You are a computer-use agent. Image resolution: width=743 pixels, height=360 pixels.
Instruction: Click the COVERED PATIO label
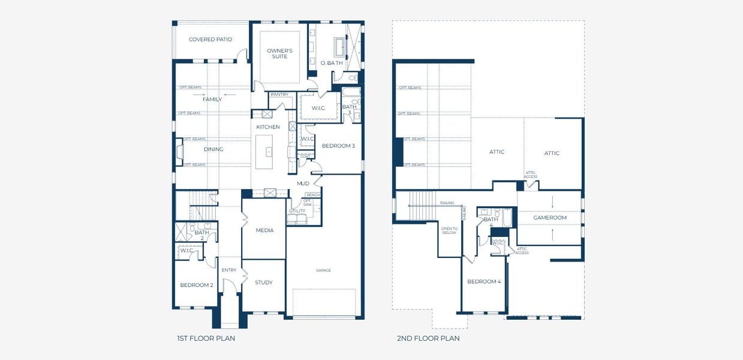click(210, 40)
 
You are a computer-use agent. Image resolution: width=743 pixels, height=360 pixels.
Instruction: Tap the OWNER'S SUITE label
click(279, 53)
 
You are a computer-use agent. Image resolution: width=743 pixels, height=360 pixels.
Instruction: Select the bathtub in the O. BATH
click(339, 47)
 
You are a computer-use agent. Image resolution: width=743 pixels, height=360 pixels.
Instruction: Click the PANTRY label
click(279, 94)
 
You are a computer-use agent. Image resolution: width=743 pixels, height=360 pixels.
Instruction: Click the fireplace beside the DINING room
click(179, 151)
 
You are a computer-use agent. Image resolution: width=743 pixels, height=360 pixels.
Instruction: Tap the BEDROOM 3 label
click(338, 146)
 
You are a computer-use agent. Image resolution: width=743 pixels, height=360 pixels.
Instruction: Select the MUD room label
click(303, 184)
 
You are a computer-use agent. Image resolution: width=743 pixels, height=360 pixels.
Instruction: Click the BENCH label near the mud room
click(313, 195)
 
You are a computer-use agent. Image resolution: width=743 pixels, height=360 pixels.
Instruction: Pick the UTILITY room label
click(297, 211)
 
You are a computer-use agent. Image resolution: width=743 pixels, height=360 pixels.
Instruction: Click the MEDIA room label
click(264, 230)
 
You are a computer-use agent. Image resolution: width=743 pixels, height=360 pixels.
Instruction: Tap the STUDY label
click(263, 283)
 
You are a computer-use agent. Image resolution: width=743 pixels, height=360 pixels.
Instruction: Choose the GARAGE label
click(324, 270)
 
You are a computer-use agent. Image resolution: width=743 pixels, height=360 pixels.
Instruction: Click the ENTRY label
click(229, 270)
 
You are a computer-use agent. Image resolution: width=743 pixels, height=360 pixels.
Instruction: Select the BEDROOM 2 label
click(196, 285)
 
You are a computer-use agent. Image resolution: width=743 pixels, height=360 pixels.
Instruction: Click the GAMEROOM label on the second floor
click(549, 218)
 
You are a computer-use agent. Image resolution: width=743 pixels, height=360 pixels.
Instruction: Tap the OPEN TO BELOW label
click(449, 230)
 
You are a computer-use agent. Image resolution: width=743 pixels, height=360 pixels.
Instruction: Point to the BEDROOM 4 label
click(484, 281)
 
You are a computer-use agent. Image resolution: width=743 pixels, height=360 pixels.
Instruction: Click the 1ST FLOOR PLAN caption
click(206, 338)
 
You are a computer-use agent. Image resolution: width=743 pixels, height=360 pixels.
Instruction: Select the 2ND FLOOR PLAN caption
click(428, 338)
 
